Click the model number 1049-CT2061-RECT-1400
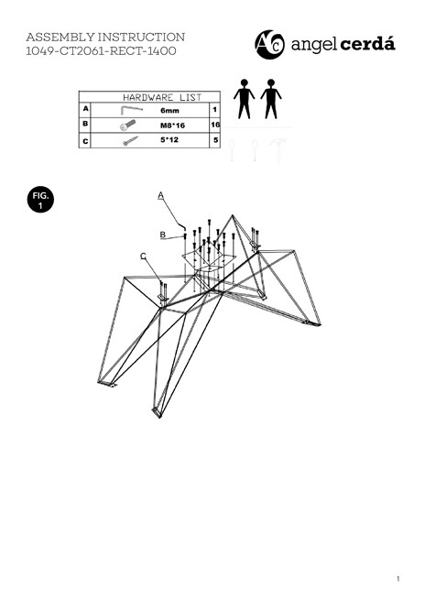(101, 51)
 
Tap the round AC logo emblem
(270, 45)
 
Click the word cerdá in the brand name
(367, 44)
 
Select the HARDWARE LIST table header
(162, 97)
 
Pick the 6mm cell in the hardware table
(169, 110)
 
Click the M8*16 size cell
(172, 125)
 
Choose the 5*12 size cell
(169, 139)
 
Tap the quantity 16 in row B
(215, 125)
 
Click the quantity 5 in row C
(215, 140)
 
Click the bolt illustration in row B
(127, 125)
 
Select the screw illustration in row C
(130, 141)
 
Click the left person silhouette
(245, 99)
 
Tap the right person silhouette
(271, 99)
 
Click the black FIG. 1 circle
(40, 200)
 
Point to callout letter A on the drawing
(161, 195)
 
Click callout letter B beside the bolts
(163, 235)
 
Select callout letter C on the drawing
(143, 256)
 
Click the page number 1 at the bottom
(398, 579)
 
